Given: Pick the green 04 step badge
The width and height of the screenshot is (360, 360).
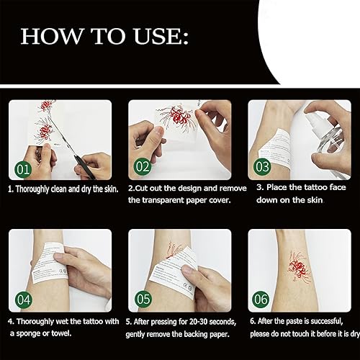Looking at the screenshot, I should point(23,297).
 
